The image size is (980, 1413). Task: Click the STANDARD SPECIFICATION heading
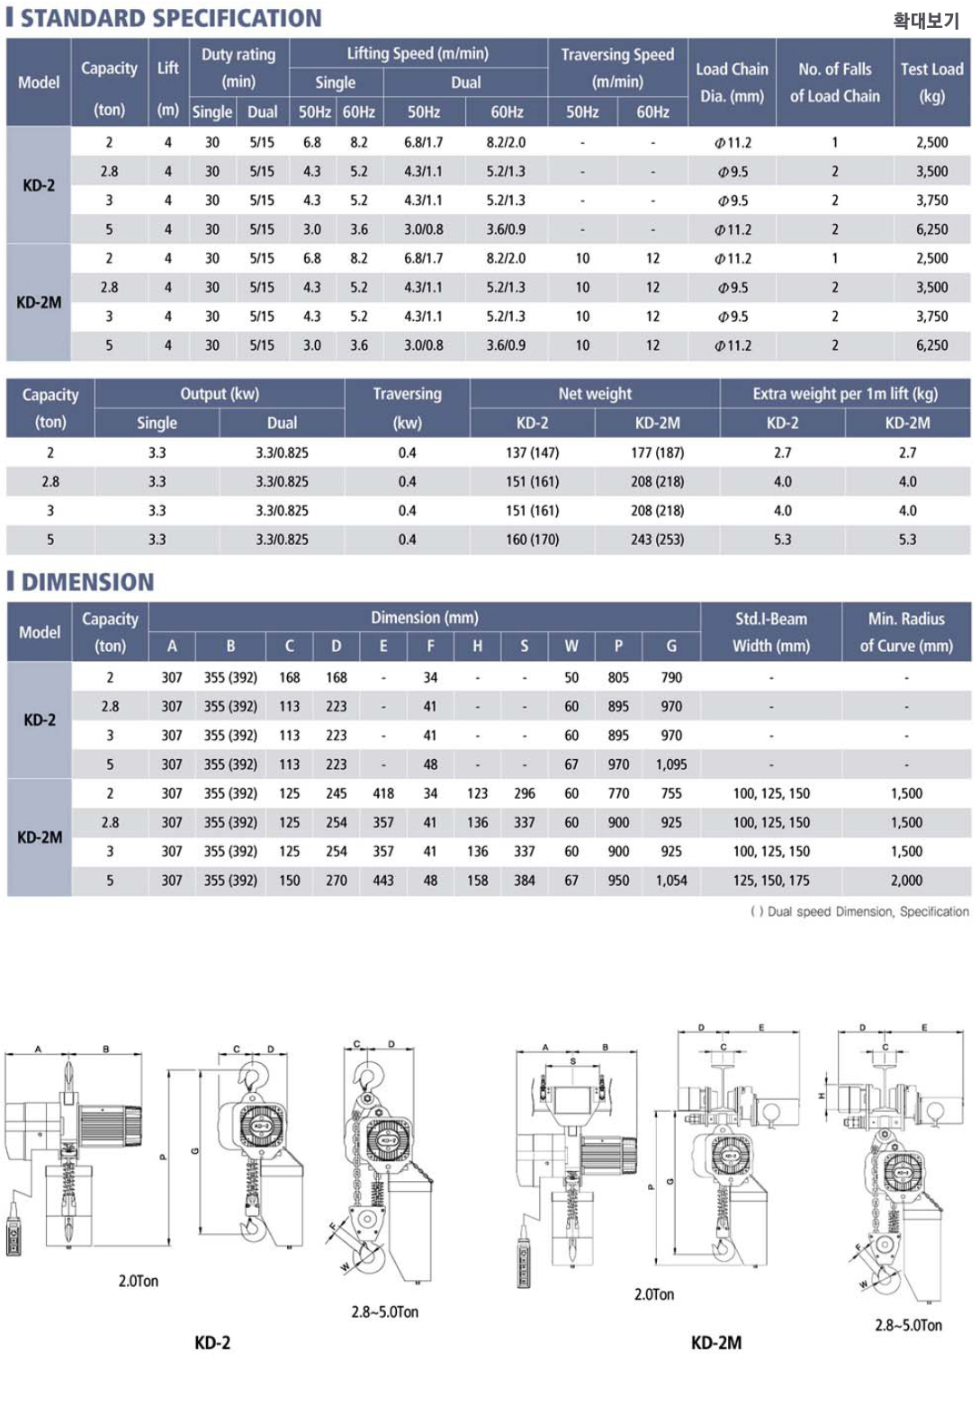click(x=170, y=18)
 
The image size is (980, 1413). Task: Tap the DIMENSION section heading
click(x=87, y=582)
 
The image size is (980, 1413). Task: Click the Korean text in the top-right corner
click(x=926, y=20)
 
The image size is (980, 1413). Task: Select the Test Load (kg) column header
click(x=931, y=82)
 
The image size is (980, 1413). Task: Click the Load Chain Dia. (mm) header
click(x=732, y=82)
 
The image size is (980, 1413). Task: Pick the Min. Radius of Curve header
click(x=906, y=631)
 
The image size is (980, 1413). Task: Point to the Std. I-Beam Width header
click(x=770, y=631)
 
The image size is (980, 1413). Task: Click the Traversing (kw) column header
click(x=407, y=407)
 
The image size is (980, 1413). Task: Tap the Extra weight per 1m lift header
click(x=845, y=393)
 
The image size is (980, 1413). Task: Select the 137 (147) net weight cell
click(x=532, y=452)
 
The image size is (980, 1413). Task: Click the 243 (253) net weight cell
click(x=657, y=540)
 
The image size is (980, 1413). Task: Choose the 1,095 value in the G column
click(x=671, y=765)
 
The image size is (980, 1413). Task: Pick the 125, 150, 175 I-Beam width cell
click(x=771, y=881)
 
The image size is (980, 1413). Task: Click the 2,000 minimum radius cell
click(x=906, y=881)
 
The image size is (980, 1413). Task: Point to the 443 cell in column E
click(x=383, y=881)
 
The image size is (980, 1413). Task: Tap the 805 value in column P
click(x=618, y=677)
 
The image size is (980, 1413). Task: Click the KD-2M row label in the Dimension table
click(x=40, y=837)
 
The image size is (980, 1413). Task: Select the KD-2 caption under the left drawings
click(x=212, y=1343)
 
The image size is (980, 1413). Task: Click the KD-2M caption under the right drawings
click(x=716, y=1343)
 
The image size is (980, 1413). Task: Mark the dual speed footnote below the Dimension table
click(x=859, y=911)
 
